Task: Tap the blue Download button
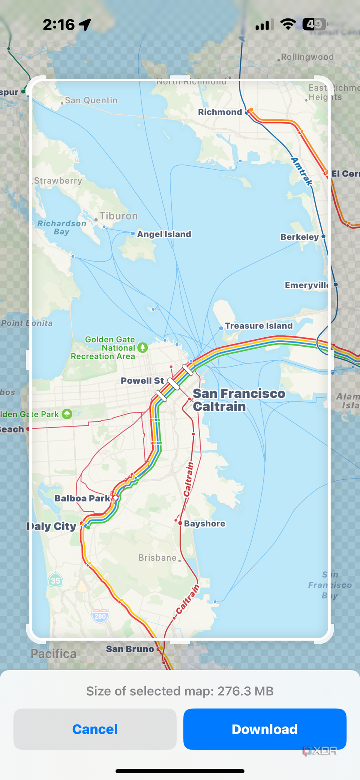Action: tap(264, 729)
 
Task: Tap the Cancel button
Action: tap(95, 729)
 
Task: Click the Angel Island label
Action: tap(164, 234)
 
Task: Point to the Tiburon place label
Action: tap(118, 216)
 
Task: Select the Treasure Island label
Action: tap(259, 326)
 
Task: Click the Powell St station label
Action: tap(142, 380)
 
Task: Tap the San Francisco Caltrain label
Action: tap(238, 400)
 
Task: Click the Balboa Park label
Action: tap(82, 498)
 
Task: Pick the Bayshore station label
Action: tap(205, 524)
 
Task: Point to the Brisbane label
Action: tap(157, 558)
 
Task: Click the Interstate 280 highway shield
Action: tap(100, 616)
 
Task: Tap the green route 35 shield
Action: tap(55, 581)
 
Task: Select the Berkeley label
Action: tap(299, 237)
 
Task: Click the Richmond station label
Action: tap(220, 112)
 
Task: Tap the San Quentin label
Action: tap(91, 100)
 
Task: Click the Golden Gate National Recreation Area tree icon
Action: tap(142, 347)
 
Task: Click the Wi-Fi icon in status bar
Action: tap(288, 24)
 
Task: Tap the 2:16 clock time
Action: tap(59, 25)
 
